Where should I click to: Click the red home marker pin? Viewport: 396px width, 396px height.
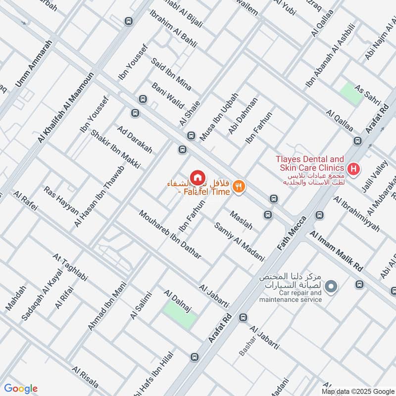point(197,177)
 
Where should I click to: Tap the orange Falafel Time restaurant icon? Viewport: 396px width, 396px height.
point(239,187)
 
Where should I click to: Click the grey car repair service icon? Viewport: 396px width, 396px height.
point(332,286)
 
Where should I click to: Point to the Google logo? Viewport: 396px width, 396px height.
point(21,389)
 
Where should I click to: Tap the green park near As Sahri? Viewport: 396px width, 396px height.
point(351,94)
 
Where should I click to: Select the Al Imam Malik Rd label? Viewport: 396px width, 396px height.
point(337,250)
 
